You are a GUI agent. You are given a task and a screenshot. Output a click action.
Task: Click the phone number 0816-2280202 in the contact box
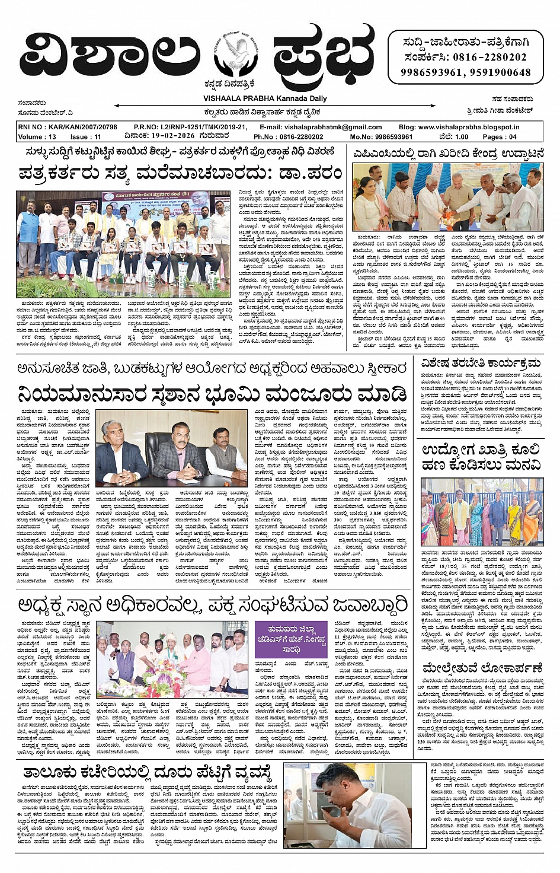[x=489, y=58]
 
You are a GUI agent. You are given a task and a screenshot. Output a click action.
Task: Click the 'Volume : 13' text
[x=37, y=136]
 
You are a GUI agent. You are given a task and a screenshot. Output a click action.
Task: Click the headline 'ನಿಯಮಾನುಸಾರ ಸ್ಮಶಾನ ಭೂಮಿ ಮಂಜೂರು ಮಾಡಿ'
[x=212, y=394]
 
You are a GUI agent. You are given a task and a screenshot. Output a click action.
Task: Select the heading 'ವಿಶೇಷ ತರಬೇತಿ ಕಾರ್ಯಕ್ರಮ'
[x=481, y=362]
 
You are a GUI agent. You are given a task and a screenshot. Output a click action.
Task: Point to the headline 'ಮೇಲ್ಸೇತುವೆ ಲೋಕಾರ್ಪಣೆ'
[x=482, y=669]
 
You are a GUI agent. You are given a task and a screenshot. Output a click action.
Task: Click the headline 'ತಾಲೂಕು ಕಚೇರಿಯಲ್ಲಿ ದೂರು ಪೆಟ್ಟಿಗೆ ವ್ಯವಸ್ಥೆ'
[x=148, y=773]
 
